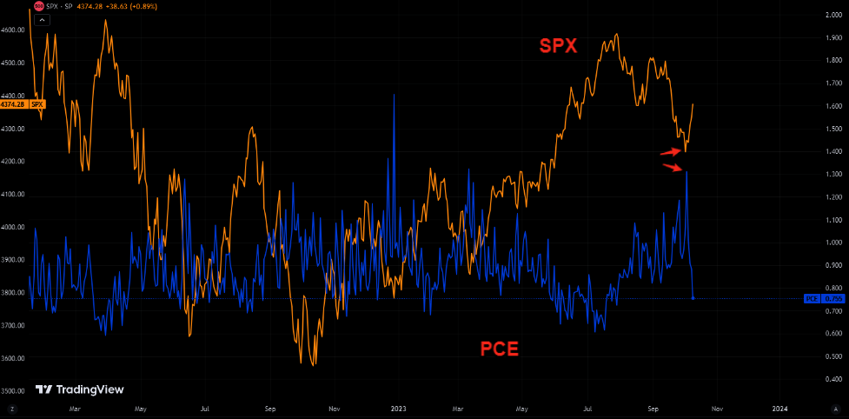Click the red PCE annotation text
[x=500, y=349]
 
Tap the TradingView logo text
[x=80, y=390]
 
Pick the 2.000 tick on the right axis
[x=832, y=16]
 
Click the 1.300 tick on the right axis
[x=832, y=174]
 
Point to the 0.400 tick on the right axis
[x=832, y=379]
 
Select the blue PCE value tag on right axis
[x=821, y=298]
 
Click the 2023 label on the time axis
[x=398, y=407]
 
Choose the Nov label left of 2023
[x=334, y=407]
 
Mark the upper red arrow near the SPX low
[x=670, y=151]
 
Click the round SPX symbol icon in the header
[x=39, y=6]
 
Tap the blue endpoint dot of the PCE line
[x=693, y=298]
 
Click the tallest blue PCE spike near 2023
[x=394, y=96]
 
